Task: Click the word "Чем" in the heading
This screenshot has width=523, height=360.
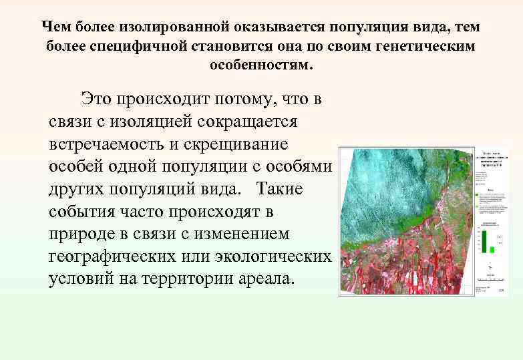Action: [x=55, y=27]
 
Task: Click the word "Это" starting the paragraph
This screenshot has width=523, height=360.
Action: [x=96, y=100]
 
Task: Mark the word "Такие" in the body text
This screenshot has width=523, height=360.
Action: [x=279, y=189]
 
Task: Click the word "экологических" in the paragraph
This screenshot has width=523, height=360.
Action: [x=276, y=256]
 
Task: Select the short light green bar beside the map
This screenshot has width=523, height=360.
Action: [x=492, y=249]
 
